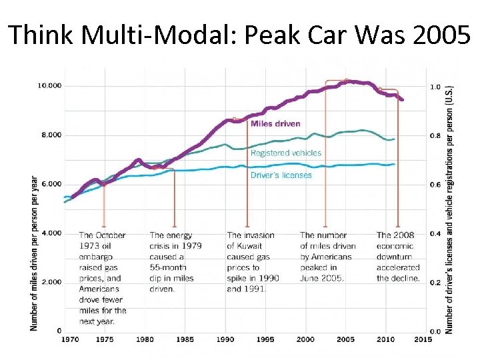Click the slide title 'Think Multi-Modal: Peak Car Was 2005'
[x=239, y=34]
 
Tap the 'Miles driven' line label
[x=275, y=123]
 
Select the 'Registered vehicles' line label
[x=285, y=153]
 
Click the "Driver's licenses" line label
[x=281, y=175]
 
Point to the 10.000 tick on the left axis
[x=49, y=86]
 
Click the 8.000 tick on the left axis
[x=49, y=135]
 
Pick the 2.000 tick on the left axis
[x=49, y=282]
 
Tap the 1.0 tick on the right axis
[x=435, y=87]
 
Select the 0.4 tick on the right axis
[x=435, y=233]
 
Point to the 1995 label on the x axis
[x=265, y=339]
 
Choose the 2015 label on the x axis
[x=423, y=339]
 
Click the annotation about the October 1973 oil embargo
[x=102, y=278]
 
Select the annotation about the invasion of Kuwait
[x=253, y=262]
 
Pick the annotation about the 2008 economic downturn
[x=398, y=257]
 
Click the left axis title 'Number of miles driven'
[x=33, y=253]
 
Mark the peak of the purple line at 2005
[x=346, y=81]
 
